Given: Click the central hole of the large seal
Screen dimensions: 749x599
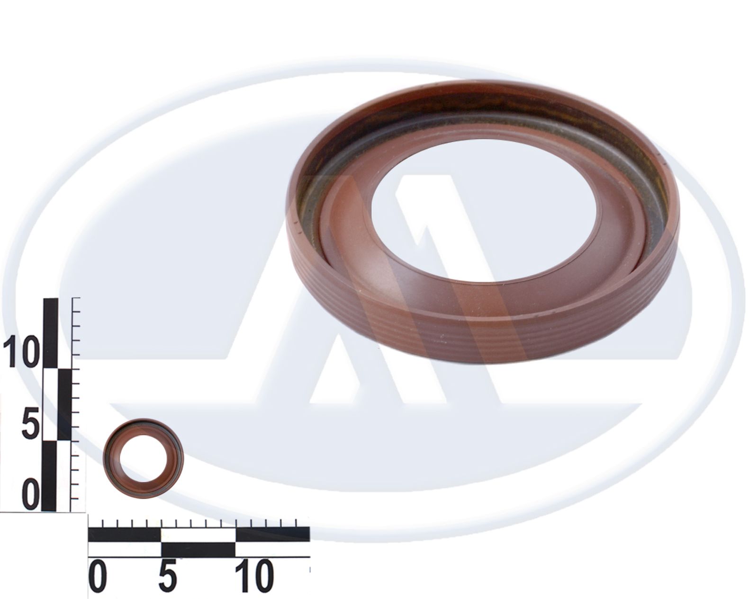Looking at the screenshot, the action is (484, 210).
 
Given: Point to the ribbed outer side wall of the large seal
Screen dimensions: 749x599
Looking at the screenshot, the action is (487, 334).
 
